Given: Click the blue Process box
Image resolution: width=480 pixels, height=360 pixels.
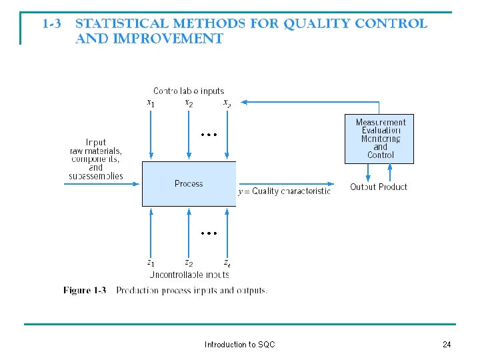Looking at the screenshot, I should click(x=189, y=183).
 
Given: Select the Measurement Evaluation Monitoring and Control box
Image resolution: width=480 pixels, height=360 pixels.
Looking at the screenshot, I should click(x=379, y=139).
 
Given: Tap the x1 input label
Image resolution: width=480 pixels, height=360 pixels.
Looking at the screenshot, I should click(x=151, y=103).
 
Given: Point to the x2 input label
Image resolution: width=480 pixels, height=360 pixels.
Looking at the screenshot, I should click(x=189, y=103).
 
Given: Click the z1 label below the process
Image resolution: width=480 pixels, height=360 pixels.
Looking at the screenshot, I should click(x=151, y=263).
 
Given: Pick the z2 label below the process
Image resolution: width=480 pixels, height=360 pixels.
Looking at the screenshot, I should click(x=189, y=263).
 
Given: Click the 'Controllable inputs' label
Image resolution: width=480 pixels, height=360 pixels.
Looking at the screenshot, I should click(x=189, y=91).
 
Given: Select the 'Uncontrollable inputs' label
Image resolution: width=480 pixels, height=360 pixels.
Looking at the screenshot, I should click(x=189, y=274).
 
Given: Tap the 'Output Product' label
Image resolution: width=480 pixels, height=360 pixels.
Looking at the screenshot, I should click(x=379, y=187).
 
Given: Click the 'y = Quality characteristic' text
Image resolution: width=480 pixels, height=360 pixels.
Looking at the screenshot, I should click(x=284, y=191).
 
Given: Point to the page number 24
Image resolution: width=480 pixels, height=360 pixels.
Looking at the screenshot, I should click(x=447, y=345).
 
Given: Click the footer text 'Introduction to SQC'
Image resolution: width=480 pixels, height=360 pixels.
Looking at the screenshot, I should click(x=239, y=345).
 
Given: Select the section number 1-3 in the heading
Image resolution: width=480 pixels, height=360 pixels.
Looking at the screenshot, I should click(x=53, y=24).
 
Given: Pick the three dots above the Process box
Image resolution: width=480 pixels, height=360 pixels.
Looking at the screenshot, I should click(x=209, y=134).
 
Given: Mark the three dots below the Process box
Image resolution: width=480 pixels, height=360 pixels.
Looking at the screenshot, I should click(x=209, y=233).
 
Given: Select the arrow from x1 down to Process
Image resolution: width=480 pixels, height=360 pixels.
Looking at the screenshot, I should click(x=151, y=133).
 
